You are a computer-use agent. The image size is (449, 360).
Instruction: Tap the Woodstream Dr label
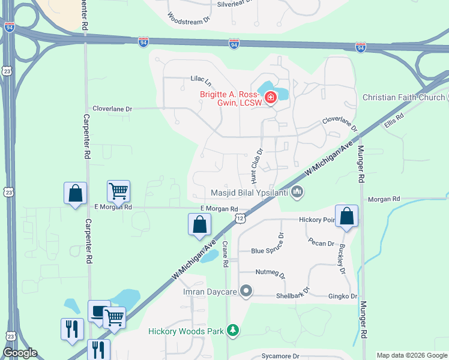[188, 18]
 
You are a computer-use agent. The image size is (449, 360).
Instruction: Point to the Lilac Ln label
[202, 80]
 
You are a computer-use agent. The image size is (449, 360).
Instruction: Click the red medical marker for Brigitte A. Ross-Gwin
[271, 97]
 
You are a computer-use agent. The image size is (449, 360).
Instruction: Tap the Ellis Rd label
[394, 122]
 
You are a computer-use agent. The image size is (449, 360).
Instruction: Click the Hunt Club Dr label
[257, 166]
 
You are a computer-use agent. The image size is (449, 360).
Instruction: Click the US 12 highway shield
[240, 218]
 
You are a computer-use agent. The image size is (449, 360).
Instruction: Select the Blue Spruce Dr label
[266, 251]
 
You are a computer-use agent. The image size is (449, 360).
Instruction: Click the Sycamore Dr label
[280, 356]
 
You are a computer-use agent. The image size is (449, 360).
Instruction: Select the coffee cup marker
[98, 311]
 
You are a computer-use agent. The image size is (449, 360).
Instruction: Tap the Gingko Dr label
[342, 296]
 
